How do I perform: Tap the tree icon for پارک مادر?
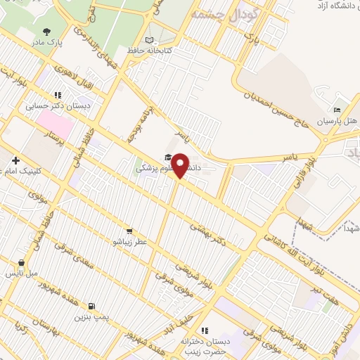[x=47, y=31]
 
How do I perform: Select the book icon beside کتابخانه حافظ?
[x=148, y=40]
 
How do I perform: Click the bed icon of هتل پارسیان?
[x=337, y=110]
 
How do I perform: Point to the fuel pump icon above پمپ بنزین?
[x=91, y=306]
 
